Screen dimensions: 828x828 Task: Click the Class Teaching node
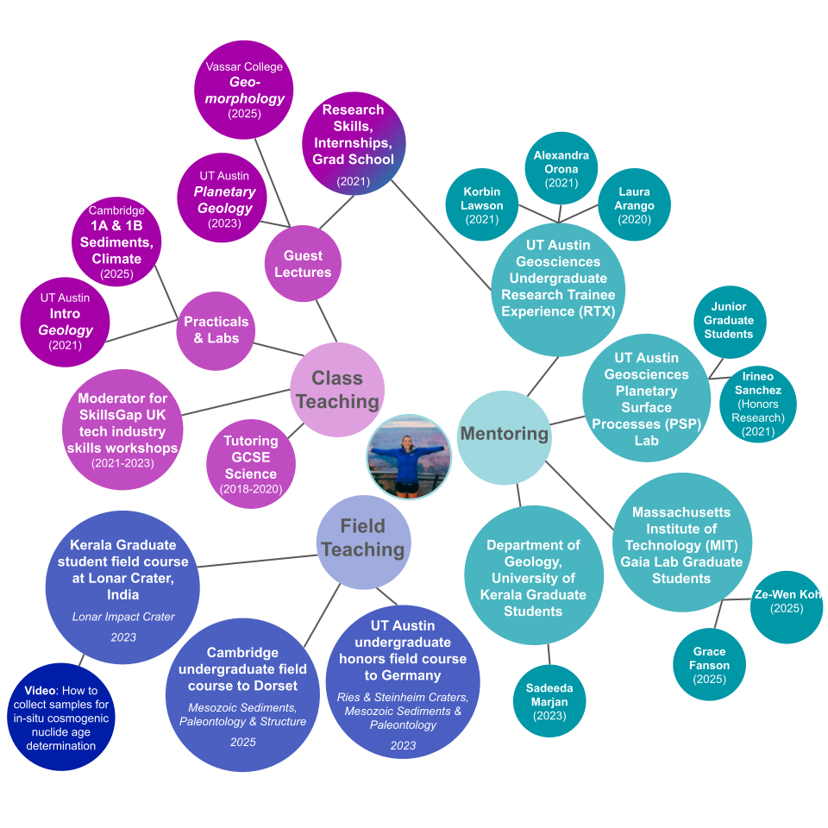[x=336, y=390]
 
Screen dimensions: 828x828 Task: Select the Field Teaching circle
[x=362, y=537]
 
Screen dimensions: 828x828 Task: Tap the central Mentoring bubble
[x=504, y=434]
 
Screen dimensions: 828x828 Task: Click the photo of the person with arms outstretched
[x=409, y=457]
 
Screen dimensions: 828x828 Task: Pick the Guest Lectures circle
[x=303, y=264]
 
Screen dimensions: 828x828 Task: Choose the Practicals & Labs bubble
[x=216, y=329]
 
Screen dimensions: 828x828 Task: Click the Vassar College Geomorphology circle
[x=244, y=90]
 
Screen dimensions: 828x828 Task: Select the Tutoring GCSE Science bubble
[x=251, y=465]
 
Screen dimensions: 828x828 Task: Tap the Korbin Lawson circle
[x=482, y=205]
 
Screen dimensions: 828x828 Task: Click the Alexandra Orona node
[x=561, y=168]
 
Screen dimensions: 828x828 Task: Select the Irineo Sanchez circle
[x=757, y=404]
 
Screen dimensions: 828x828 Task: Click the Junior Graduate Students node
[x=729, y=321]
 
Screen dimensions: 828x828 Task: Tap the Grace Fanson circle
[x=709, y=665]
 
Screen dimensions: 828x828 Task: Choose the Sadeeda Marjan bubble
[x=549, y=701]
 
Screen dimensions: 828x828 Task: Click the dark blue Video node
[x=60, y=718]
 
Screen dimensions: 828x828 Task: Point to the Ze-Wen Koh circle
[x=787, y=602]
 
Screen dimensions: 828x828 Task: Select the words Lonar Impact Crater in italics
[x=122, y=617]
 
